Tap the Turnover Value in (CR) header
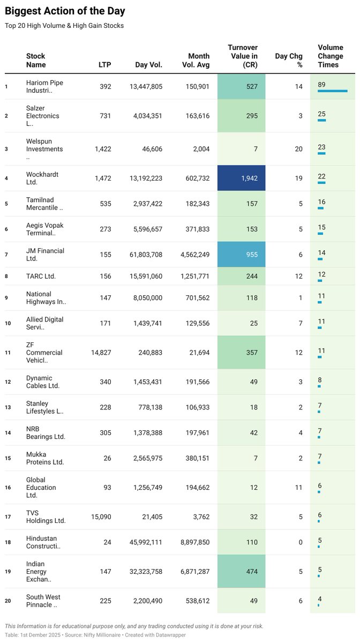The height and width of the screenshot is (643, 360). pos(242,56)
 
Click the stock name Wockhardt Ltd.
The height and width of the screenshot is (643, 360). pos(42,178)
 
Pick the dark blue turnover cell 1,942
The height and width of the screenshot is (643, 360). pos(241,178)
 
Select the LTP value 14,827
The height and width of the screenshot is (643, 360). pos(101,353)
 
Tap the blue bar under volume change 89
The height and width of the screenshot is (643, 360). pos(332,91)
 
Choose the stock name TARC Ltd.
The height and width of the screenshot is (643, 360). pos(41,276)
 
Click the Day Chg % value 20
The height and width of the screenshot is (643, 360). pos(298,149)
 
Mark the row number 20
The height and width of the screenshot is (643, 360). pos(7,601)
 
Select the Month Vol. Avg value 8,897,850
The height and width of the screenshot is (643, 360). pos(191,542)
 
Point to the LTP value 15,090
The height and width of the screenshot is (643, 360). pos(101,517)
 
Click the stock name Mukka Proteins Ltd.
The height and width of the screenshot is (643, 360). pos(44,458)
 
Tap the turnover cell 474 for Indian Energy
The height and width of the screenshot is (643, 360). pos(241,572)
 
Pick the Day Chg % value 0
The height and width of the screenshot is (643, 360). pos(301,542)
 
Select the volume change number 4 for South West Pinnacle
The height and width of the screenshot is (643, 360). pos(320,599)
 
